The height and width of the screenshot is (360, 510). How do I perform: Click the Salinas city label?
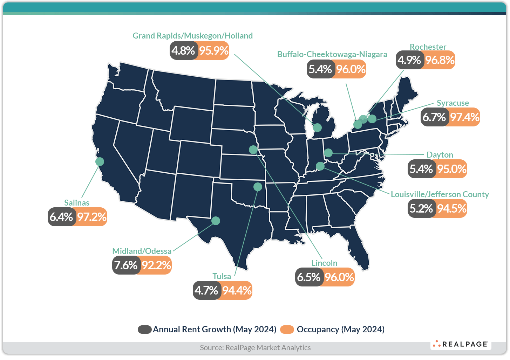(x=77, y=203)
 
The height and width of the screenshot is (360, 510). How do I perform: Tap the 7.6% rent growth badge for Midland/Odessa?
(x=126, y=265)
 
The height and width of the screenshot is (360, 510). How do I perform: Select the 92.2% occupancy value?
(x=156, y=265)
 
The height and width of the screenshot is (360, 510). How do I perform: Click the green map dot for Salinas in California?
(x=100, y=161)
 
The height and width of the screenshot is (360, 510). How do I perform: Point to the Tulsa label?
(x=222, y=276)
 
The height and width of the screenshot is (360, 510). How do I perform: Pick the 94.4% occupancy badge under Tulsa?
(x=237, y=290)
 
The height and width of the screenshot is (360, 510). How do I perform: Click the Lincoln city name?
(x=324, y=263)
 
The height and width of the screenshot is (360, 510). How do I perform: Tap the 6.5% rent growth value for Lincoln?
(x=308, y=277)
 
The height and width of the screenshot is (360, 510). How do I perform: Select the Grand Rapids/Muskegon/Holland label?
(x=192, y=36)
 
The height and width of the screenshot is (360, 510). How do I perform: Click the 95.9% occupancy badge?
(x=214, y=50)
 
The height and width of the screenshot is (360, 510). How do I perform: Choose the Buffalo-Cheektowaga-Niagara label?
(x=332, y=54)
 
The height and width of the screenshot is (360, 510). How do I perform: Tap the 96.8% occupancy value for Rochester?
(x=440, y=60)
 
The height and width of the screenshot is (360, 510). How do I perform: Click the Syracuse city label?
(x=453, y=103)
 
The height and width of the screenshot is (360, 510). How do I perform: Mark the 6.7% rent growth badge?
(x=434, y=117)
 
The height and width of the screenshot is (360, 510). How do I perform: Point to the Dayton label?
(x=440, y=155)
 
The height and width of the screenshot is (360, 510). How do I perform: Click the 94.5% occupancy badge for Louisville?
(x=452, y=209)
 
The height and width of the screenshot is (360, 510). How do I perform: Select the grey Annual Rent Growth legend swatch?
(x=144, y=330)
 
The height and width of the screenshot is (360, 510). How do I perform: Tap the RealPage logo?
(x=461, y=344)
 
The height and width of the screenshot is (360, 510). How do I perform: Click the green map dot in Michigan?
(x=317, y=127)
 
